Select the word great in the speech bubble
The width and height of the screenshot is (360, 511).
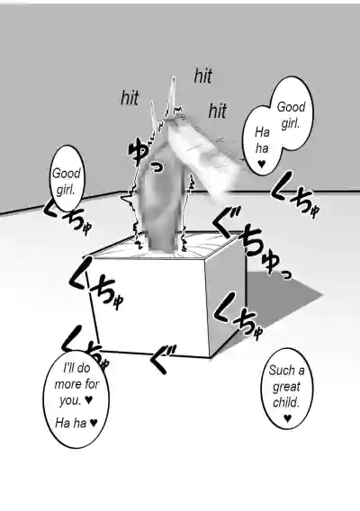coord(286,387)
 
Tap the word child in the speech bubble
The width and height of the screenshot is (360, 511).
coord(286,403)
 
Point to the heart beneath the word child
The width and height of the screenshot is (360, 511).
coord(287,417)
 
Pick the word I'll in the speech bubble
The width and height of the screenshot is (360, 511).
coord(68,368)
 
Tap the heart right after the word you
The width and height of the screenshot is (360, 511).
coord(89,399)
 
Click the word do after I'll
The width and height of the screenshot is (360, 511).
coord(84,368)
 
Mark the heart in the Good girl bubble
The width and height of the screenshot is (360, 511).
coord(261,164)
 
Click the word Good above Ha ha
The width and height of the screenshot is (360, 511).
coord(292,107)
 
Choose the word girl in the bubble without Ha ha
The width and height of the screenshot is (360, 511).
coord(66,189)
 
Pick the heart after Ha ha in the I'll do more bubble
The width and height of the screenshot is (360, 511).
coord(94,423)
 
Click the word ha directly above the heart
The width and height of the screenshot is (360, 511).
coord(262,148)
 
